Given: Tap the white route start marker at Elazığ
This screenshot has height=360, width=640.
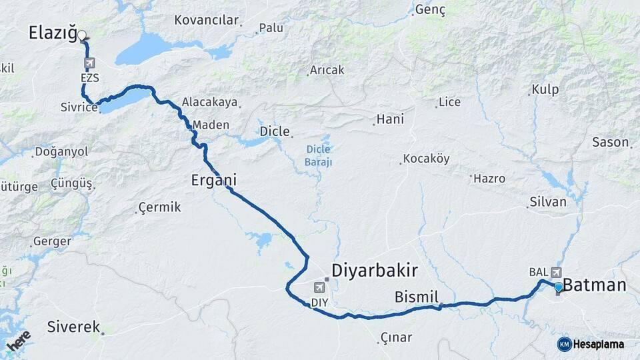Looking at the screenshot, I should (81, 35).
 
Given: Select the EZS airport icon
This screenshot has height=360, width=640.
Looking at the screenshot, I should (89, 63).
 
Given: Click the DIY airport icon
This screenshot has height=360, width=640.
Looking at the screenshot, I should (319, 287).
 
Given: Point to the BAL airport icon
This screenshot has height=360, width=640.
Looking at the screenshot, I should (556, 272).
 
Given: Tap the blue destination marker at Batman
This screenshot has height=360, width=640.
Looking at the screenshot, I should (559, 287).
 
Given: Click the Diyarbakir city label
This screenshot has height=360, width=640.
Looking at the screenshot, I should (375, 271).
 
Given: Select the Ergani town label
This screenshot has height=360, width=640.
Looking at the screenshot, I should (213, 180).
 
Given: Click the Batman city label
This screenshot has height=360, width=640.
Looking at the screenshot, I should (595, 285).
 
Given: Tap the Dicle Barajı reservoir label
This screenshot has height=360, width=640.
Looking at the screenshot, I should (318, 155).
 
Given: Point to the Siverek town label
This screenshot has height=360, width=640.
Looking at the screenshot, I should (73, 327).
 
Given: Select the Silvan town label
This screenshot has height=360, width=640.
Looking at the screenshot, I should (547, 202).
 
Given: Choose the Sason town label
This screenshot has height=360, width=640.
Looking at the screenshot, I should (610, 142).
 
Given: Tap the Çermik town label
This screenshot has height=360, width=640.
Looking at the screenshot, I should (159, 207).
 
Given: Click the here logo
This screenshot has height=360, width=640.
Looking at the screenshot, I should (19, 343).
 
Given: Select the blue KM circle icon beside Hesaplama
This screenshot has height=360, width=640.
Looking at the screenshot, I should (565, 344).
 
